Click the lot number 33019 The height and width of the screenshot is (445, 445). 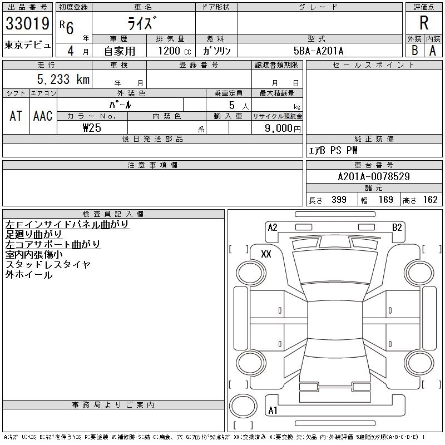click(x=27, y=24)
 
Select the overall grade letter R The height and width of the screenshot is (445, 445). click(x=424, y=24)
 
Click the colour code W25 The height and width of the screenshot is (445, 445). click(x=92, y=127)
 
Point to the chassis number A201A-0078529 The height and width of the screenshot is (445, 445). click(x=374, y=177)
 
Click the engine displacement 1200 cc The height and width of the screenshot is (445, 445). click(x=173, y=51)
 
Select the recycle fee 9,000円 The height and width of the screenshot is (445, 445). click(x=283, y=128)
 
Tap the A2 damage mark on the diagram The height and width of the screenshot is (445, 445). click(x=273, y=227)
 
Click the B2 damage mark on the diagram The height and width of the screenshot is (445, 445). click(x=397, y=227)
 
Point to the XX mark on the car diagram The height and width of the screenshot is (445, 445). click(x=266, y=254)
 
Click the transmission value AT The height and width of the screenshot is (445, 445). click(x=16, y=116)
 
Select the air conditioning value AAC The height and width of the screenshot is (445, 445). click(x=43, y=116)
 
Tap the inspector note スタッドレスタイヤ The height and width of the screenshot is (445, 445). click(x=48, y=265)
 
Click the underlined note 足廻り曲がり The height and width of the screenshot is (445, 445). click(x=34, y=234)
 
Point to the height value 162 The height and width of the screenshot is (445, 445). click(x=429, y=200)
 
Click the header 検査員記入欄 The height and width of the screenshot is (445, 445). click(x=113, y=214)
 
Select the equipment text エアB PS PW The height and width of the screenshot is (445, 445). click(x=334, y=150)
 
